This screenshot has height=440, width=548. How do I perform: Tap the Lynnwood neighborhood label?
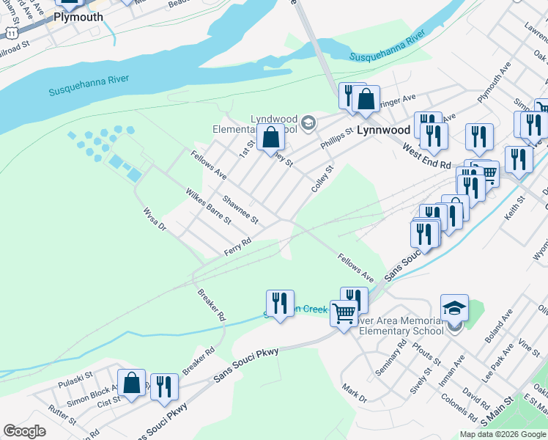pos(383,130)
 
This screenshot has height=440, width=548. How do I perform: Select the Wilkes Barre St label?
pos(209,210)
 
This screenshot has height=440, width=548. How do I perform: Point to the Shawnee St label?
pos(240,210)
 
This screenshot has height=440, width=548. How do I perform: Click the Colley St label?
pos(322,178)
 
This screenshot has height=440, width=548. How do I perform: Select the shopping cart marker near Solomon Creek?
pos(344,314)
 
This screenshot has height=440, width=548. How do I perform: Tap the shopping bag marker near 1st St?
pos(270,137)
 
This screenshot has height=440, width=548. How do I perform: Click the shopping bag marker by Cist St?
pos(131,384)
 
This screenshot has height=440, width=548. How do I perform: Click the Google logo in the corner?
pos(24,431)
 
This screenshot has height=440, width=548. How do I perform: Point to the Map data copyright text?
pos(503,434)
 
